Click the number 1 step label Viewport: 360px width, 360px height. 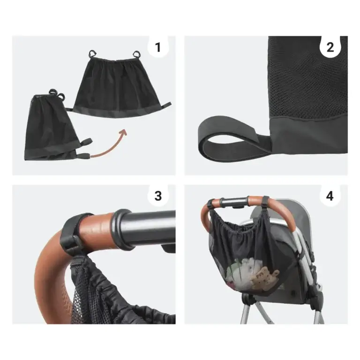(x=157, y=47)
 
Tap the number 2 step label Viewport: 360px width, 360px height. (x=330, y=47)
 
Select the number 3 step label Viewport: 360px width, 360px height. (x=158, y=196)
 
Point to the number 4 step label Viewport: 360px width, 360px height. (x=330, y=196)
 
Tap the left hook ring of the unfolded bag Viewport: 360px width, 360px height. (x=92, y=54)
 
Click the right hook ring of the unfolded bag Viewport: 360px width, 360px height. (x=137, y=54)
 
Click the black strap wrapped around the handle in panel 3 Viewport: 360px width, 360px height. (x=71, y=232)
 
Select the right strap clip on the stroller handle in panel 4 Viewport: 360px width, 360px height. (x=266, y=202)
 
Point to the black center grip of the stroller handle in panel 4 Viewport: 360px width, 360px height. (x=234, y=202)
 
